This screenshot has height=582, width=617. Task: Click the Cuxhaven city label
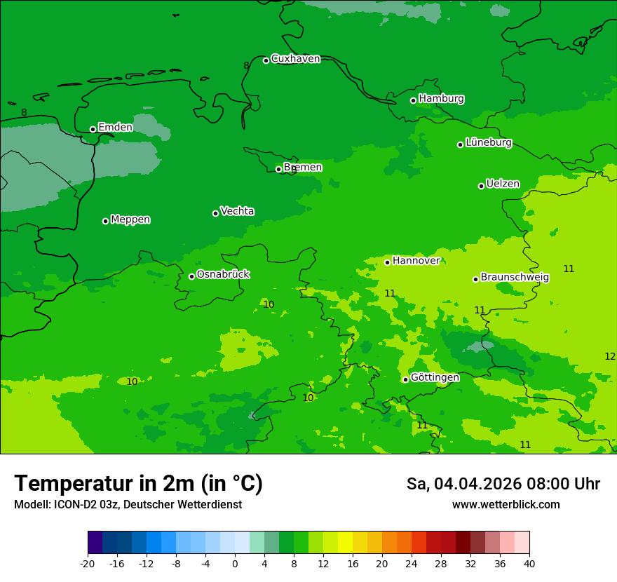click(295, 59)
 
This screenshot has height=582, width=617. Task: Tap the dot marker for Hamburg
click(414, 100)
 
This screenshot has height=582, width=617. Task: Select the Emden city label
click(115, 128)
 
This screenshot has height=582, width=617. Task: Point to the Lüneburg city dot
click(461, 144)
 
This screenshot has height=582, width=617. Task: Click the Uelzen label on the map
click(503, 184)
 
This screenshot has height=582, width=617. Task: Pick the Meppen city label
click(130, 219)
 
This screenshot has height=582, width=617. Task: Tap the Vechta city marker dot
click(216, 213)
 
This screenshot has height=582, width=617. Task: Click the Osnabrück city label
click(223, 274)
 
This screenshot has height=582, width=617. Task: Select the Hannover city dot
click(387, 262)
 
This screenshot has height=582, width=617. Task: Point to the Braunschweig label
click(515, 278)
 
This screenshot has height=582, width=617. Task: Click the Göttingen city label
click(435, 377)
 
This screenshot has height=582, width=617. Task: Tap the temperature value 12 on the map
click(610, 356)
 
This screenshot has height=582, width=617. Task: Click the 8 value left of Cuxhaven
click(246, 65)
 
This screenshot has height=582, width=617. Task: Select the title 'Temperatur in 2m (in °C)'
click(139, 483)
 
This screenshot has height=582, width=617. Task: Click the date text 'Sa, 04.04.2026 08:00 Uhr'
click(503, 484)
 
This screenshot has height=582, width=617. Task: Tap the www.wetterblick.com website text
click(506, 504)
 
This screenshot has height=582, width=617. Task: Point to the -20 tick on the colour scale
click(88, 563)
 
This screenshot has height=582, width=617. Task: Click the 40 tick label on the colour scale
click(529, 563)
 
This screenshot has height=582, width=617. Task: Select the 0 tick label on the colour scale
click(235, 563)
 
